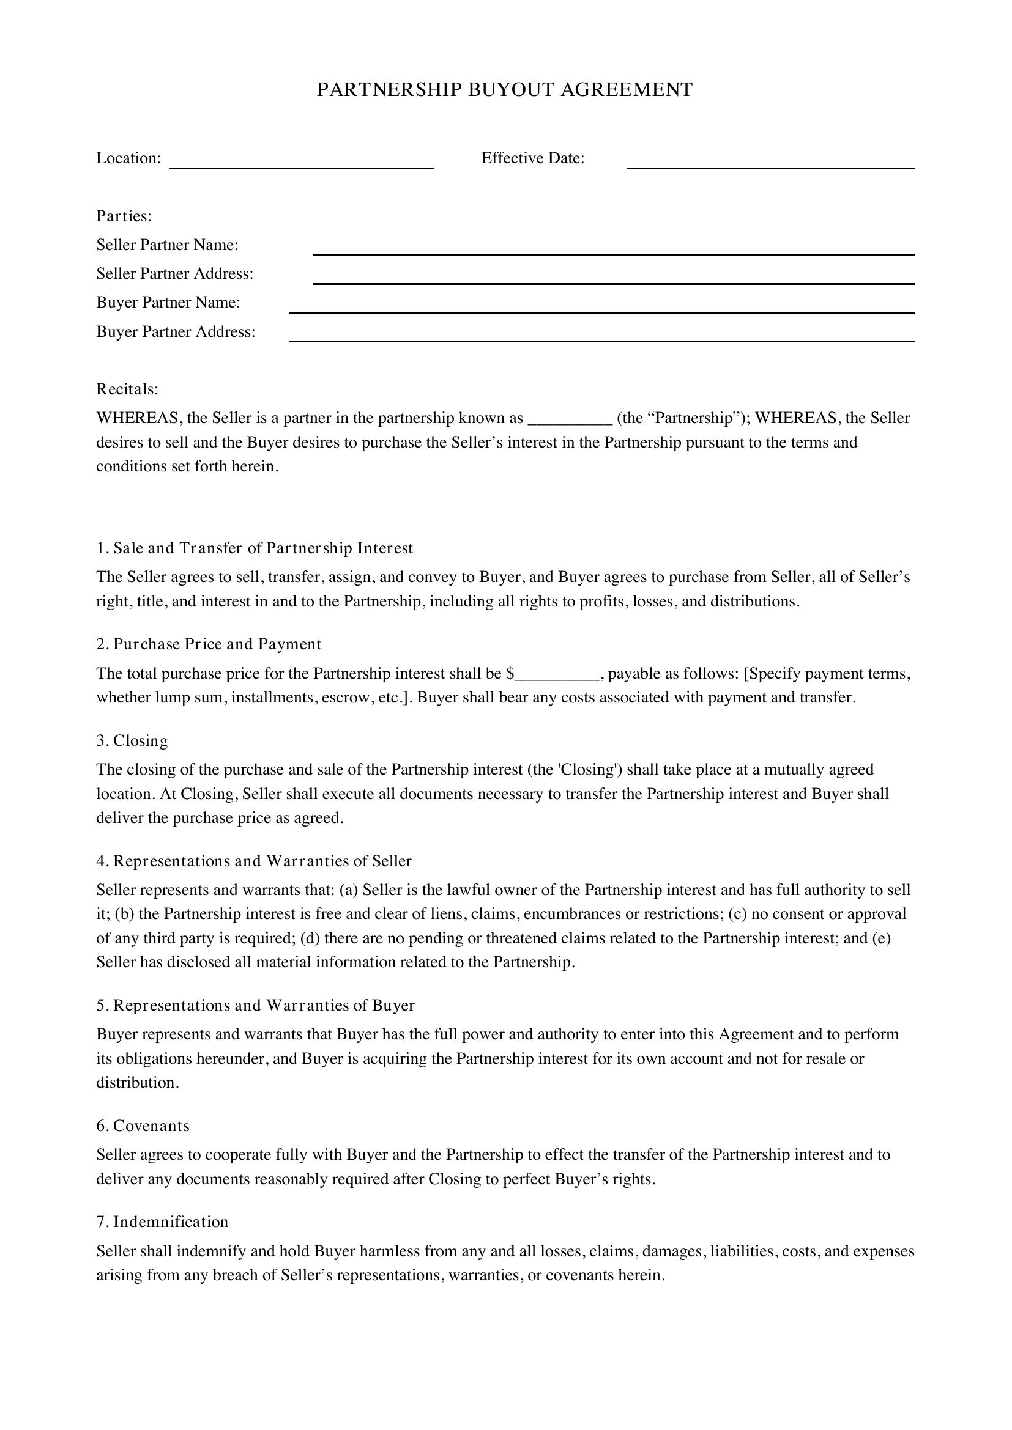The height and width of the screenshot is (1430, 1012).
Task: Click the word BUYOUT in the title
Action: [511, 90]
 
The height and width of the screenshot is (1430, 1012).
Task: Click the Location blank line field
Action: [301, 163]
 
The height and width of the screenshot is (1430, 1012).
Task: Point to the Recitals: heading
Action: [127, 389]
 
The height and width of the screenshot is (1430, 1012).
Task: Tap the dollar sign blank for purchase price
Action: [556, 675]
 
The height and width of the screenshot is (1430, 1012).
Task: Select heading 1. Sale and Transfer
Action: [255, 548]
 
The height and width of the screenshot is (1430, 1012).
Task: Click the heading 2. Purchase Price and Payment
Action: [209, 644]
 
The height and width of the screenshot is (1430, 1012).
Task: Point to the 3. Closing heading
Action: [132, 740]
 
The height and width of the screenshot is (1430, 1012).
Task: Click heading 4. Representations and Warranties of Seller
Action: [254, 861]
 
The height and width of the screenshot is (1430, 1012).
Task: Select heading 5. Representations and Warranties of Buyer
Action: [255, 1006]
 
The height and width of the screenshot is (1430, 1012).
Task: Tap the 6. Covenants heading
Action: [143, 1126]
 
